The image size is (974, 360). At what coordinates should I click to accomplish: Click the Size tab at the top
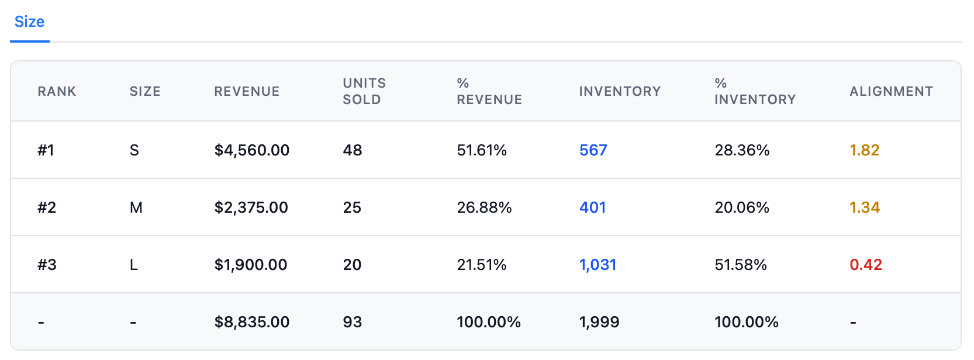coord(29,22)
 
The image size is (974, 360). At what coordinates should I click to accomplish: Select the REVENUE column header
coord(247,92)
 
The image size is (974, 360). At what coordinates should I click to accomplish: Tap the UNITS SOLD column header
coord(364,92)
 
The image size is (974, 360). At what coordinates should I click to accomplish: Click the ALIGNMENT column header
coord(891,92)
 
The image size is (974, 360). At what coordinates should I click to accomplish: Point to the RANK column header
coord(57,92)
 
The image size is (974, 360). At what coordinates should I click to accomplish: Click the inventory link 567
coord(593,150)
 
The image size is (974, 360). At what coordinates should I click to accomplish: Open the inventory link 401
coord(592,207)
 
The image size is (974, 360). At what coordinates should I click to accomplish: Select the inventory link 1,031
coord(597,265)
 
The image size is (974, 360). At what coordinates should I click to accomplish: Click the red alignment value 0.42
coord(865,265)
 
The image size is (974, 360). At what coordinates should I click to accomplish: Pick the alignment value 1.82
coord(864,150)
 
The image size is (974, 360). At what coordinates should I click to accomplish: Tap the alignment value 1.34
coord(864,207)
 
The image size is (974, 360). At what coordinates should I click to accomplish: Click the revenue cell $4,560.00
coord(251,150)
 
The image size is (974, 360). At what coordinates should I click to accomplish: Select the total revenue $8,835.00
coord(251,322)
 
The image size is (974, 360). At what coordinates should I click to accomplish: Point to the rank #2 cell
coord(47,207)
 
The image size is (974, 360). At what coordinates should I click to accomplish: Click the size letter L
coord(134,265)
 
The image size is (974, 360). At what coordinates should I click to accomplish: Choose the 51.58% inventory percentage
coord(741,265)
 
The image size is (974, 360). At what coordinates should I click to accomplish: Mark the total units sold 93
coord(352,322)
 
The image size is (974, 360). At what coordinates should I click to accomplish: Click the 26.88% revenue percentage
coord(484,207)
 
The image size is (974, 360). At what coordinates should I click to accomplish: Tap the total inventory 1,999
coord(599,322)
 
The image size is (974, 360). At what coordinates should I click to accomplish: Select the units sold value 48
coord(352,150)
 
